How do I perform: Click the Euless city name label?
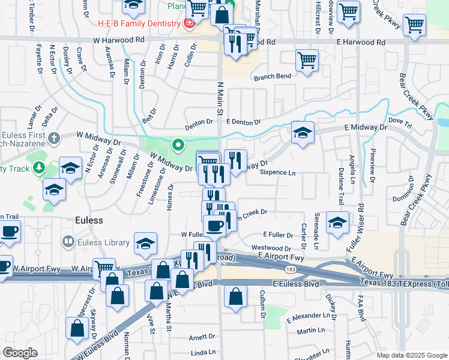(89, 220)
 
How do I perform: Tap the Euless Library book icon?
(68, 242)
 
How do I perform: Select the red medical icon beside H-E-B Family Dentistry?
(189, 23)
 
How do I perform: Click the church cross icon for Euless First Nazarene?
(54, 139)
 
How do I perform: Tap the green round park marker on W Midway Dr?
(178, 145)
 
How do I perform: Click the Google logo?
(20, 353)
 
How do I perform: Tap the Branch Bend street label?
(272, 76)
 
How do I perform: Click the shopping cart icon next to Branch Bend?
(307, 61)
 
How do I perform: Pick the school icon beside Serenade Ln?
(337, 223)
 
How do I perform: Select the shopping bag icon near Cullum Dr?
(236, 296)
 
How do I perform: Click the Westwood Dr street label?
(271, 247)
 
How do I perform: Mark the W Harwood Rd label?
(119, 40)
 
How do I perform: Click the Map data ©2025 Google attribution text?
(412, 355)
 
